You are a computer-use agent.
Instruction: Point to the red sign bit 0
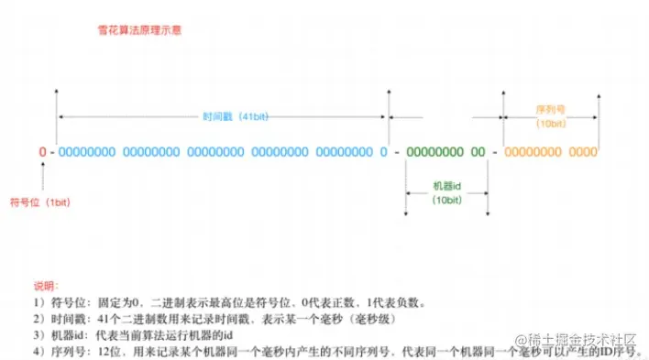coord(42,151)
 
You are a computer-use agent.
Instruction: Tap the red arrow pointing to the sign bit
coord(42,174)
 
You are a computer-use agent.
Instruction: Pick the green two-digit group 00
coord(478,151)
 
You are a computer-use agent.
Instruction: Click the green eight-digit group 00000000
coord(434,151)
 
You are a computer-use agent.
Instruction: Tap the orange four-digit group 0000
coord(583,151)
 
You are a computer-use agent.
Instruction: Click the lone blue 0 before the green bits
coord(384,151)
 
